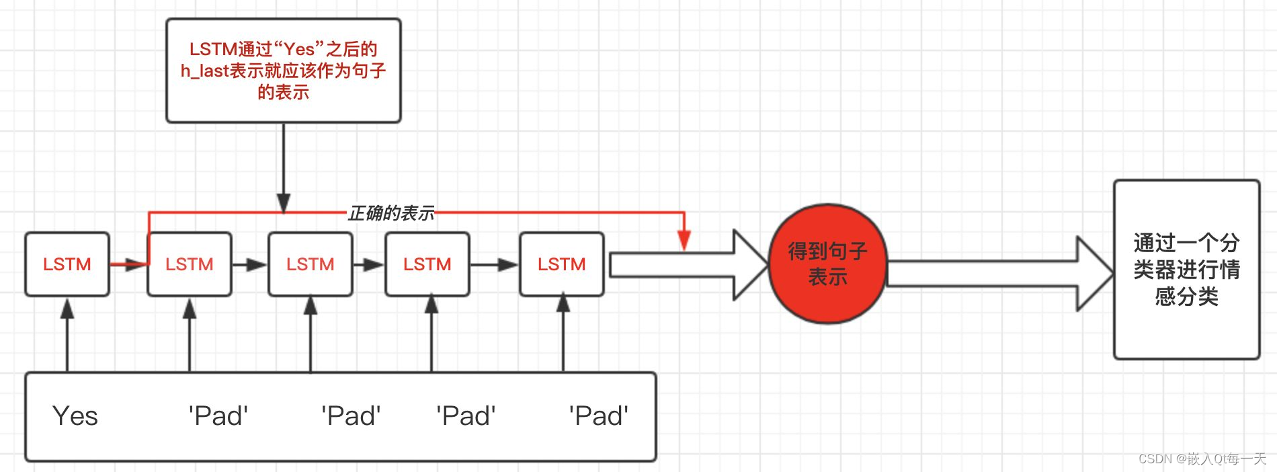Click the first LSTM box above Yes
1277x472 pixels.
click(67, 264)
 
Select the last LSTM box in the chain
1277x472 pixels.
click(561, 264)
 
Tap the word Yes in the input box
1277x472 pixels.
click(75, 416)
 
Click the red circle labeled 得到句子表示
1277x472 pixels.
click(827, 264)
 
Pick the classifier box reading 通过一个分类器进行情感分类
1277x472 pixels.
click(1186, 269)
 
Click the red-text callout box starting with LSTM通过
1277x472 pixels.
click(283, 71)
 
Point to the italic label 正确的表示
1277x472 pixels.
click(391, 213)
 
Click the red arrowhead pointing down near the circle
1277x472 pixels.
click(684, 240)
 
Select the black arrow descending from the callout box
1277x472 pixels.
click(284, 168)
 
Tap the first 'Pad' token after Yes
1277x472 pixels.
click(218, 416)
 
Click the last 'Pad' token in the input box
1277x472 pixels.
click(598, 416)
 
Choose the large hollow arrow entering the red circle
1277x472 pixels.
click(686, 265)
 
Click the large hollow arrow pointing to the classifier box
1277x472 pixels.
click(995, 274)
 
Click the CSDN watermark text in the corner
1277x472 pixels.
click(1202, 459)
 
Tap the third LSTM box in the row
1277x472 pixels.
click(310, 264)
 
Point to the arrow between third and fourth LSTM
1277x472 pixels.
click(368, 264)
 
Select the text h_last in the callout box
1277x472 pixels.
click(204, 71)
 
